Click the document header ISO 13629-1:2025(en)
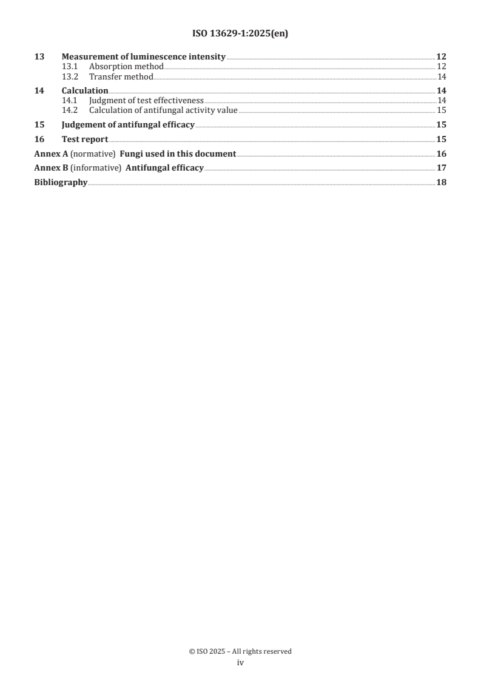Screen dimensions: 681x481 point(240,34)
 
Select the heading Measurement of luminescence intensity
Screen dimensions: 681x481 point(144,57)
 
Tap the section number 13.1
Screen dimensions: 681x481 point(70,66)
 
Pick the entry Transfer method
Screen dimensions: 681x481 point(121,77)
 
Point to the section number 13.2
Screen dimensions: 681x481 point(70,77)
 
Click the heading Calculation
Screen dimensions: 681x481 point(85,91)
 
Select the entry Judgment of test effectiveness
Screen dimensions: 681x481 point(146,100)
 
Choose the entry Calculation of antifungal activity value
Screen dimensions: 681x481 point(163,110)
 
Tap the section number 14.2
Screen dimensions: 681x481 point(70,110)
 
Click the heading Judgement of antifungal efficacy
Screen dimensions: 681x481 point(128,125)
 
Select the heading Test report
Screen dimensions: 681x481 point(85,140)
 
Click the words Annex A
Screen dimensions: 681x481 point(51,154)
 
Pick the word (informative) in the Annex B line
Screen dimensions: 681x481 point(96,168)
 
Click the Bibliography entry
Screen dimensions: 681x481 point(61,183)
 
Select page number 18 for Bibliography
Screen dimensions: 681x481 point(442,183)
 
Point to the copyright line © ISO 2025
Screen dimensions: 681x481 point(240,651)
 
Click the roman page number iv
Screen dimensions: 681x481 point(240,663)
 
